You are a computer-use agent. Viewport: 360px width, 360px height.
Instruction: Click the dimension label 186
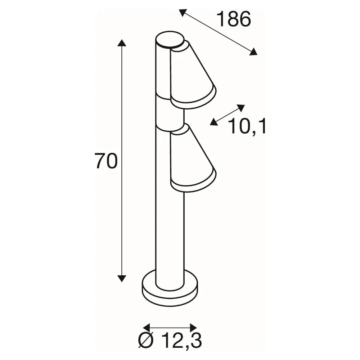234,19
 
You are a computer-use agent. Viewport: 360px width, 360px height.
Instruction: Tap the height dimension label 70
106,161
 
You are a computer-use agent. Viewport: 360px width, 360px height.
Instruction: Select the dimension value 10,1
247,126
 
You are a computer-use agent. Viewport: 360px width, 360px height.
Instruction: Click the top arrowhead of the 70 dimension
122,43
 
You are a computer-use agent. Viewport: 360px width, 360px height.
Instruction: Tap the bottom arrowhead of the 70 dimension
122,278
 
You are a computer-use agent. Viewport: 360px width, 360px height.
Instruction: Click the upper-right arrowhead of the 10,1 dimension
241,108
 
